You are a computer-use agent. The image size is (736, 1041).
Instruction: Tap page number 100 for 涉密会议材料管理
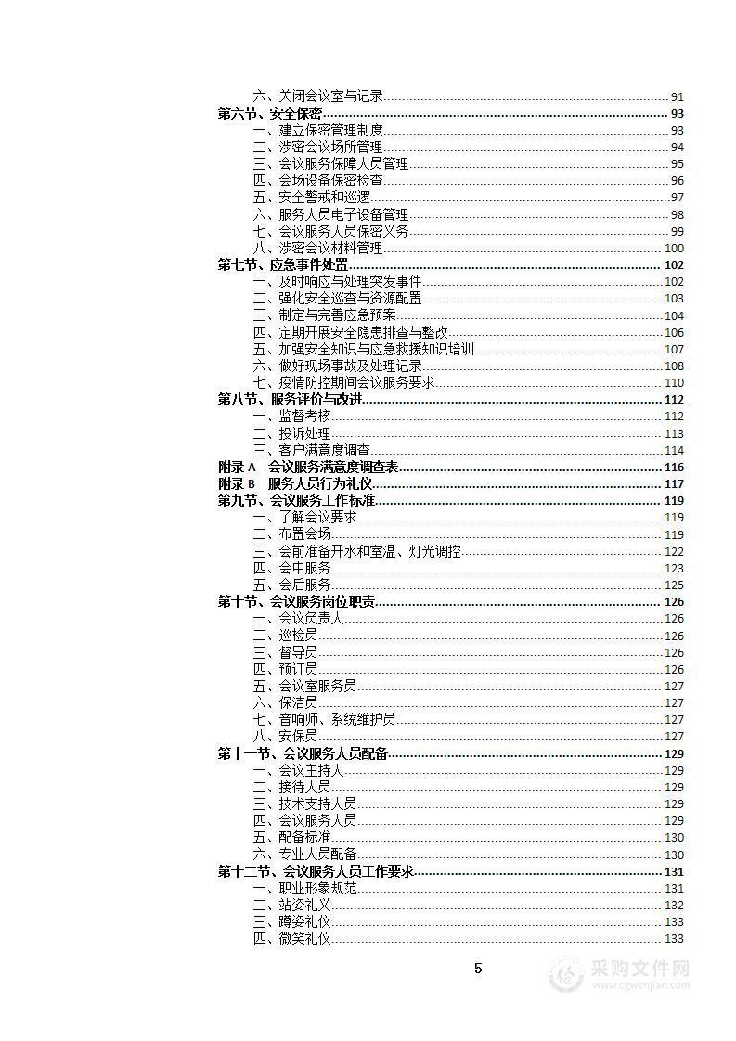pos(674,249)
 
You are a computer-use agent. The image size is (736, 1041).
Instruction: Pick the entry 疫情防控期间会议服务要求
pos(343,383)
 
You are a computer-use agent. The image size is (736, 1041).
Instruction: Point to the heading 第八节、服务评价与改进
pos(290,400)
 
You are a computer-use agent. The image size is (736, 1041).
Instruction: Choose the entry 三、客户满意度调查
pos(311,451)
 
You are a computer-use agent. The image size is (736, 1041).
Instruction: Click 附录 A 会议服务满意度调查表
pos(308,468)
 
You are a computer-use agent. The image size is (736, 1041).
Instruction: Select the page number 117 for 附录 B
pos(674,484)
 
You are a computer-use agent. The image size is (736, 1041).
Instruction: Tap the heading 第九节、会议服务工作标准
pos(296,501)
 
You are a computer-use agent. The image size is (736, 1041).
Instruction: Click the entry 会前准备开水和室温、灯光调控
pos(356,552)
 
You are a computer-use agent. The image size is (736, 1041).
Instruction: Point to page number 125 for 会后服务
pos(674,585)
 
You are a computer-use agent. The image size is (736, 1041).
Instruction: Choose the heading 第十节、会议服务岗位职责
pos(296,602)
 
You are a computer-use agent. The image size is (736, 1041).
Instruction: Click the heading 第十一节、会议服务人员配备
pos(303,753)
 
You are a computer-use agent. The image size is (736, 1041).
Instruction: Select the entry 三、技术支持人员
pos(304,804)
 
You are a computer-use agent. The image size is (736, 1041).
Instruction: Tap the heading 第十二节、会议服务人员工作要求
pos(316,872)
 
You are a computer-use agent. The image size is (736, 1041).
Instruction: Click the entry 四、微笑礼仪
pos(291,939)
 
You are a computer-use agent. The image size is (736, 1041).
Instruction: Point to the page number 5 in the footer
pos(478,970)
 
